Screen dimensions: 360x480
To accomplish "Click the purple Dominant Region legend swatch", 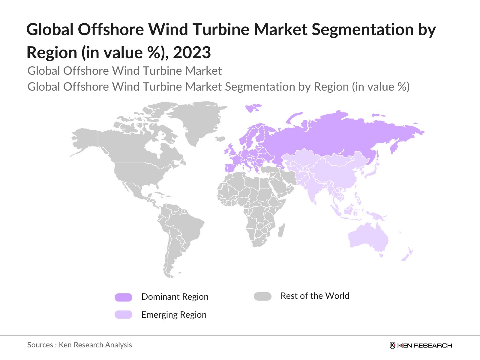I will coord(123,297).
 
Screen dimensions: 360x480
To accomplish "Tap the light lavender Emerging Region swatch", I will coord(123,314).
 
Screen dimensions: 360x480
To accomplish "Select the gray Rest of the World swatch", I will coord(262,296).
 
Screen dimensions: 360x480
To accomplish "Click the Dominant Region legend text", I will coord(175,297).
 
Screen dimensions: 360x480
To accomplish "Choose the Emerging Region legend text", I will coord(174,315).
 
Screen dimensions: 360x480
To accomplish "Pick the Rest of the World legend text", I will coord(315,296).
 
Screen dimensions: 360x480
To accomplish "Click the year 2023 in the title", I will coord(192,52).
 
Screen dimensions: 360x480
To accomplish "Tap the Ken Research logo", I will coord(421,345).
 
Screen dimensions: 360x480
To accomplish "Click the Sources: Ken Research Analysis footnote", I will coord(79,345).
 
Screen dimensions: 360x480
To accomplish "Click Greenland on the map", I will coord(199,120).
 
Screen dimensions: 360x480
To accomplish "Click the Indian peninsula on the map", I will coord(312,192).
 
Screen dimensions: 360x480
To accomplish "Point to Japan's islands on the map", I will coord(372,171).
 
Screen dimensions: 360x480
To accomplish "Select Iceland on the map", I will coord(220,139).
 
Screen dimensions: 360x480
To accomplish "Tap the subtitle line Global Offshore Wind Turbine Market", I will coord(124,71).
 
